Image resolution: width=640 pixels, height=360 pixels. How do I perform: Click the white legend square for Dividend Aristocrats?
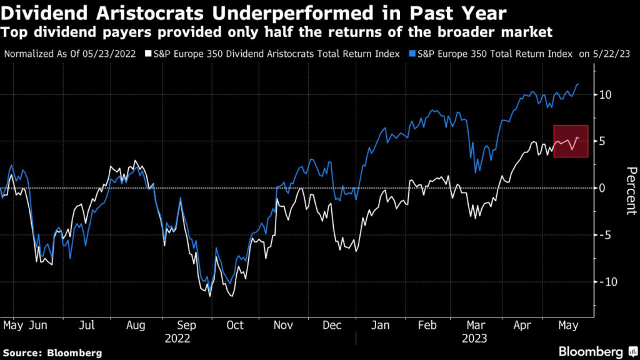147,54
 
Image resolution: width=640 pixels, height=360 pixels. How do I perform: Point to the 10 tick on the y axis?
604,94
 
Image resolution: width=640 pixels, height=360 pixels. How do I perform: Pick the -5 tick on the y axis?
604,235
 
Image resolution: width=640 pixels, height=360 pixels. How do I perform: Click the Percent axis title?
629,191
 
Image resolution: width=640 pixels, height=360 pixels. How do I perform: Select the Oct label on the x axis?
234,325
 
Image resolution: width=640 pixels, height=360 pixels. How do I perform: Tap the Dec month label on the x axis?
331,325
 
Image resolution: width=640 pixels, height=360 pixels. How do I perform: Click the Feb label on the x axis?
427,325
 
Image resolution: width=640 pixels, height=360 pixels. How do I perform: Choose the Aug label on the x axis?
137,325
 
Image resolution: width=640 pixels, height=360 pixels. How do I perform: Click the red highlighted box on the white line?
570,141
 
